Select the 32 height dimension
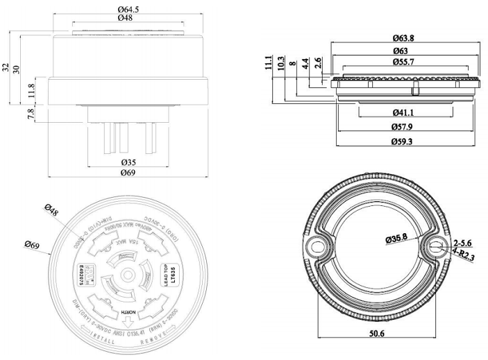coord(6,67)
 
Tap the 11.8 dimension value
coord(30,89)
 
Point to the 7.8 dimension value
coord(30,114)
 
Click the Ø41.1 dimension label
coord(403,112)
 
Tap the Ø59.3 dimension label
coord(403,142)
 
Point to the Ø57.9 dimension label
coord(403,127)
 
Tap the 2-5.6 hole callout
coord(462,243)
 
